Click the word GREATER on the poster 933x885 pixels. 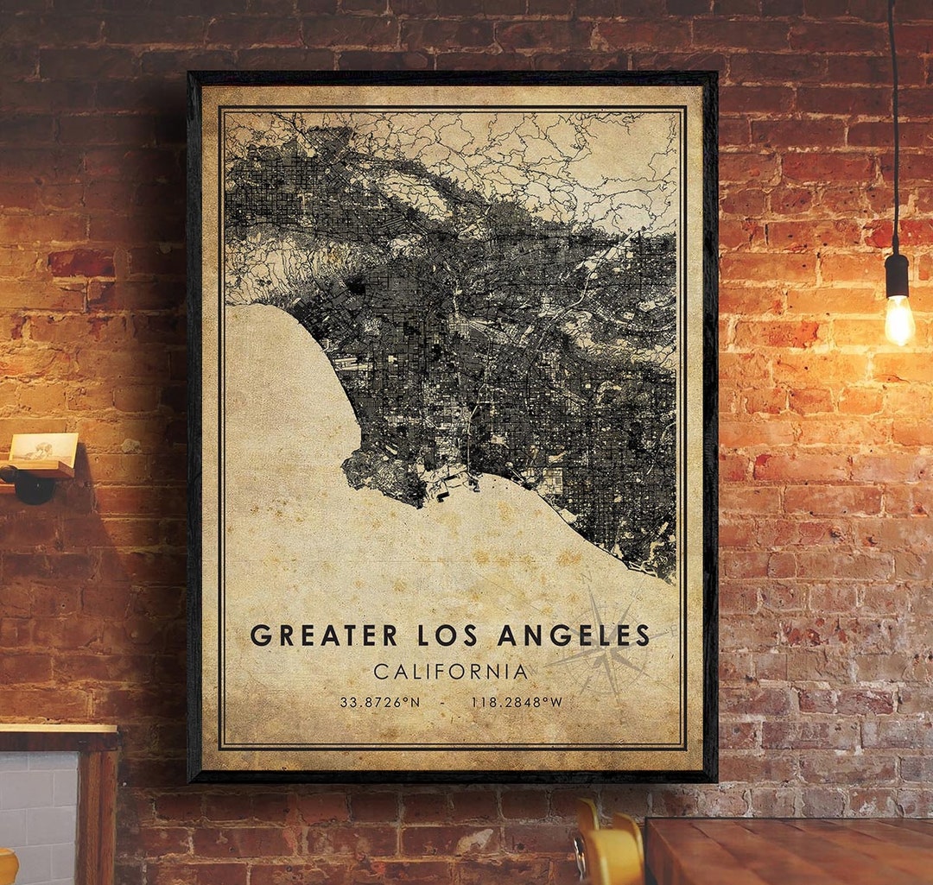pos(324,635)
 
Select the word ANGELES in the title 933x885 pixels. pos(573,635)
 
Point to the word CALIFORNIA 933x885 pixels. pos(450,671)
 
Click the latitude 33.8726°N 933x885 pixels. pos(379,702)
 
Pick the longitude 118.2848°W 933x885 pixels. pos(517,702)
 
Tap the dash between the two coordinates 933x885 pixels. pos(442,702)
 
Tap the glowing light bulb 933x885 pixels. pos(898,319)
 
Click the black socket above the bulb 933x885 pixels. pos(897,275)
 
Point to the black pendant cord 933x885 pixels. pos(893,130)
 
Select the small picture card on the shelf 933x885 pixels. pos(43,447)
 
